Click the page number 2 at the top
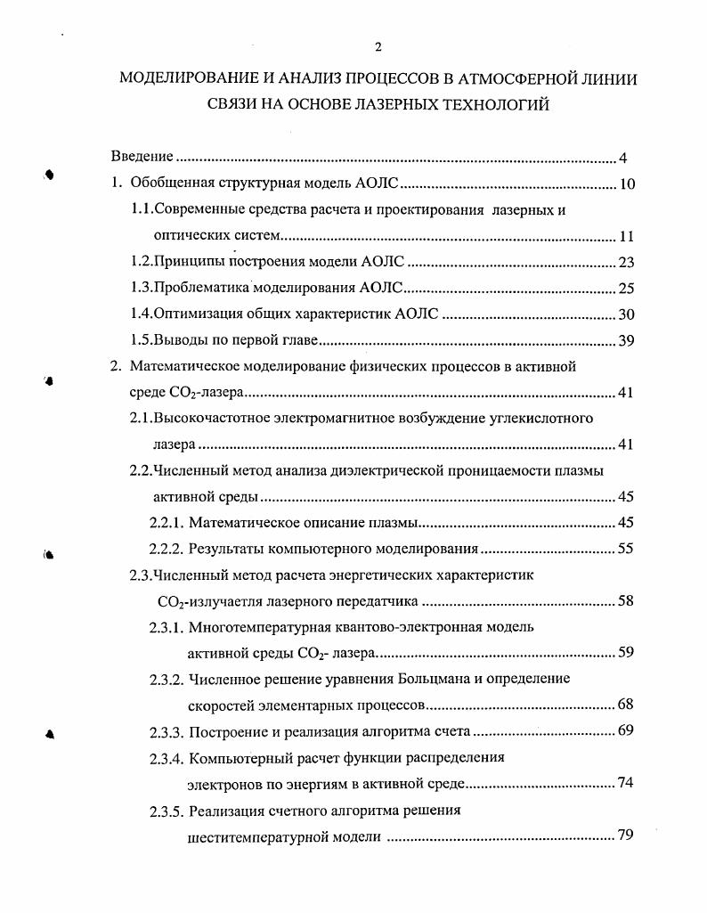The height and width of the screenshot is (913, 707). (378, 47)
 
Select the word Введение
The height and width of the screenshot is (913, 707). (142, 157)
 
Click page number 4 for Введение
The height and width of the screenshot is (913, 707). (623, 159)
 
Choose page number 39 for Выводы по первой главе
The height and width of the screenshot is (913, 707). (625, 341)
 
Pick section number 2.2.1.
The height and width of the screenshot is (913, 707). (167, 522)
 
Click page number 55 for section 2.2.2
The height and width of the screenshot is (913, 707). (625, 549)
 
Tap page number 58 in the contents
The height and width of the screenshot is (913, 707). (625, 601)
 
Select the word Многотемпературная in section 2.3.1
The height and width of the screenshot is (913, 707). (258, 626)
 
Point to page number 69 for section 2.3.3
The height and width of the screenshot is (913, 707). (625, 732)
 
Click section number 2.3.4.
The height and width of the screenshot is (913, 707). (167, 759)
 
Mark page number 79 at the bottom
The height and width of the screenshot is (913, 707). (625, 836)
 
